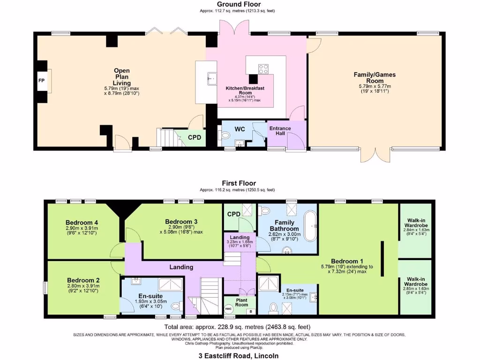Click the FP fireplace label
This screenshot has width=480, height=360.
pos(41,81)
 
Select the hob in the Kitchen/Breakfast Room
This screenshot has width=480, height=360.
pos(263,69)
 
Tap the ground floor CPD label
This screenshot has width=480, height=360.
pos(195,137)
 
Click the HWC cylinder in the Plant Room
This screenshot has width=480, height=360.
pos(229,309)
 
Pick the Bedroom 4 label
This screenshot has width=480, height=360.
pos(82,222)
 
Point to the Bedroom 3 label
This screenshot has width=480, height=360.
pos(181,222)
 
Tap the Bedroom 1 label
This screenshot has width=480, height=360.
pos(346,261)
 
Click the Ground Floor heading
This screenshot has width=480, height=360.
pos(239,4)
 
